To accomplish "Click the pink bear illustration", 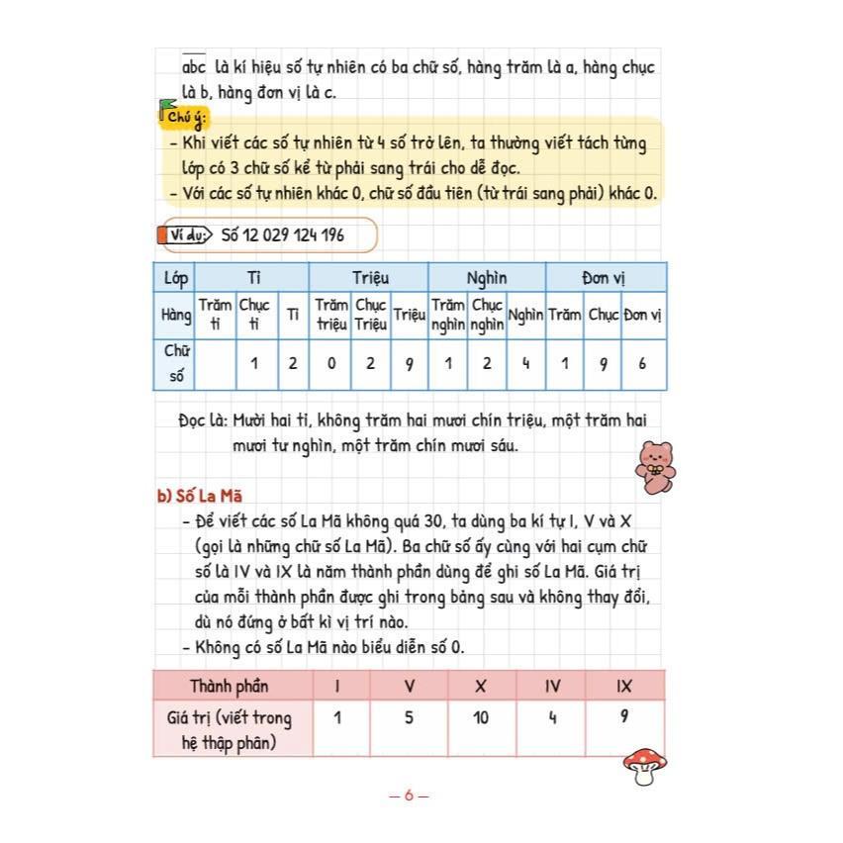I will tap(654, 467).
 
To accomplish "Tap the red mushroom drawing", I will tap(645, 765).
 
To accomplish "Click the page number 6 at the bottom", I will tap(410, 795).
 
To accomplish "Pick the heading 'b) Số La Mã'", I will tap(200, 496).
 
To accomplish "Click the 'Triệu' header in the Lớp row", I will tap(369, 278).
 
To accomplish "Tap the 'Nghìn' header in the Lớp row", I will tap(487, 278).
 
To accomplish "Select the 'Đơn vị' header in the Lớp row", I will tap(605, 278).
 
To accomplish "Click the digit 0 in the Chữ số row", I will tap(331, 363).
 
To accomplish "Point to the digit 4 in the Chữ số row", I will tap(525, 363).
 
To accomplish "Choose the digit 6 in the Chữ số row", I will tap(642, 363).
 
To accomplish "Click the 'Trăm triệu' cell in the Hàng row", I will tap(331, 315).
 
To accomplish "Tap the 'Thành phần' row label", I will tap(230, 686).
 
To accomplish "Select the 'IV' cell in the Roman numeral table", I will tap(552, 686).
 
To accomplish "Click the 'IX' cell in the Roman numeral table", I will tap(623, 686).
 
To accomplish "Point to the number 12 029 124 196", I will tap(282, 235).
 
